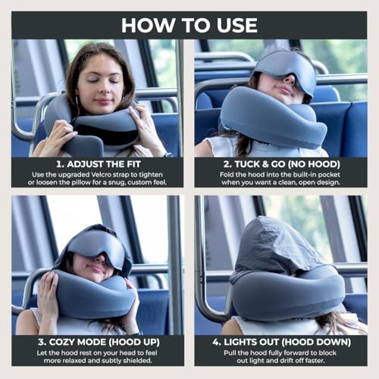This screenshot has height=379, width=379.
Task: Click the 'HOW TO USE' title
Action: tap(189, 23)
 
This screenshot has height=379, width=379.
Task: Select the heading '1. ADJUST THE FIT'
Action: tap(96, 163)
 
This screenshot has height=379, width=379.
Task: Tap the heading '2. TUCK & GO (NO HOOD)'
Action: tap(282, 163)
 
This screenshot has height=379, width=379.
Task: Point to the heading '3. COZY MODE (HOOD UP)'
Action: tap(96, 342)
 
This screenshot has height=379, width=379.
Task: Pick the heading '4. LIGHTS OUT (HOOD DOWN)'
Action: tap(282, 342)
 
